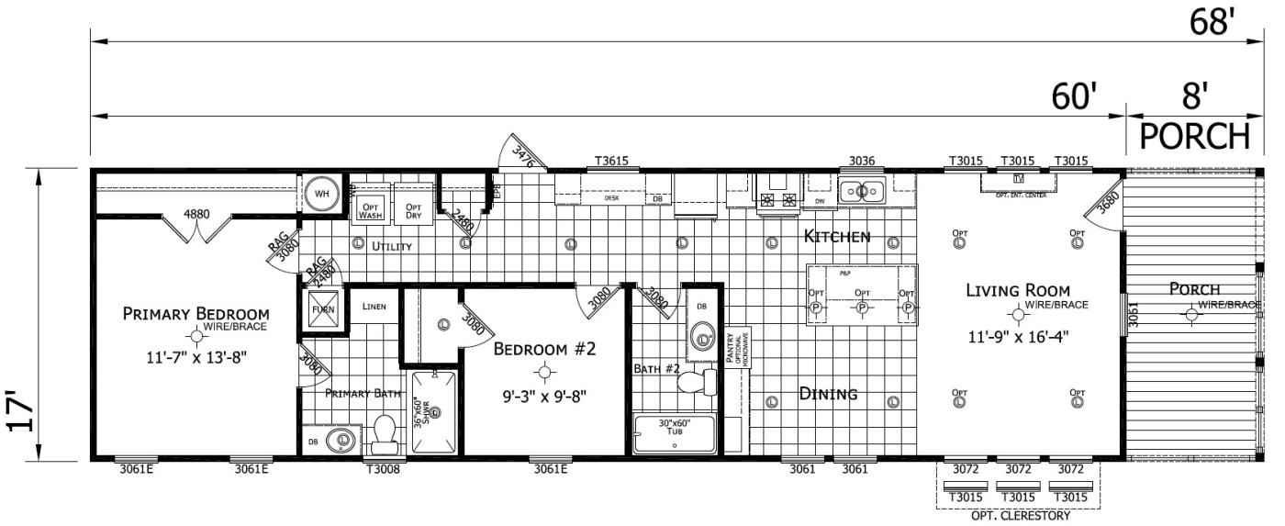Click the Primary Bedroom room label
pos(196,314)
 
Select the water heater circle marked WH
pos(322,194)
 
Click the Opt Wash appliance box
pos(370,208)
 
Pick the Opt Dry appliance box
pos(414,208)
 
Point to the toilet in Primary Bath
pos(385,431)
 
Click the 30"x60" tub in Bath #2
pos(675,432)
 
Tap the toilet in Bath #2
pos(698,381)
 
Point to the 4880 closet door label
pos(196,214)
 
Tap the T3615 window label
pos(611,161)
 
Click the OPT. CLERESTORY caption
pos(1018,516)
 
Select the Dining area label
pos(828,394)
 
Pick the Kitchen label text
pos(836,237)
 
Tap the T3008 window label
pos(383,469)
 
